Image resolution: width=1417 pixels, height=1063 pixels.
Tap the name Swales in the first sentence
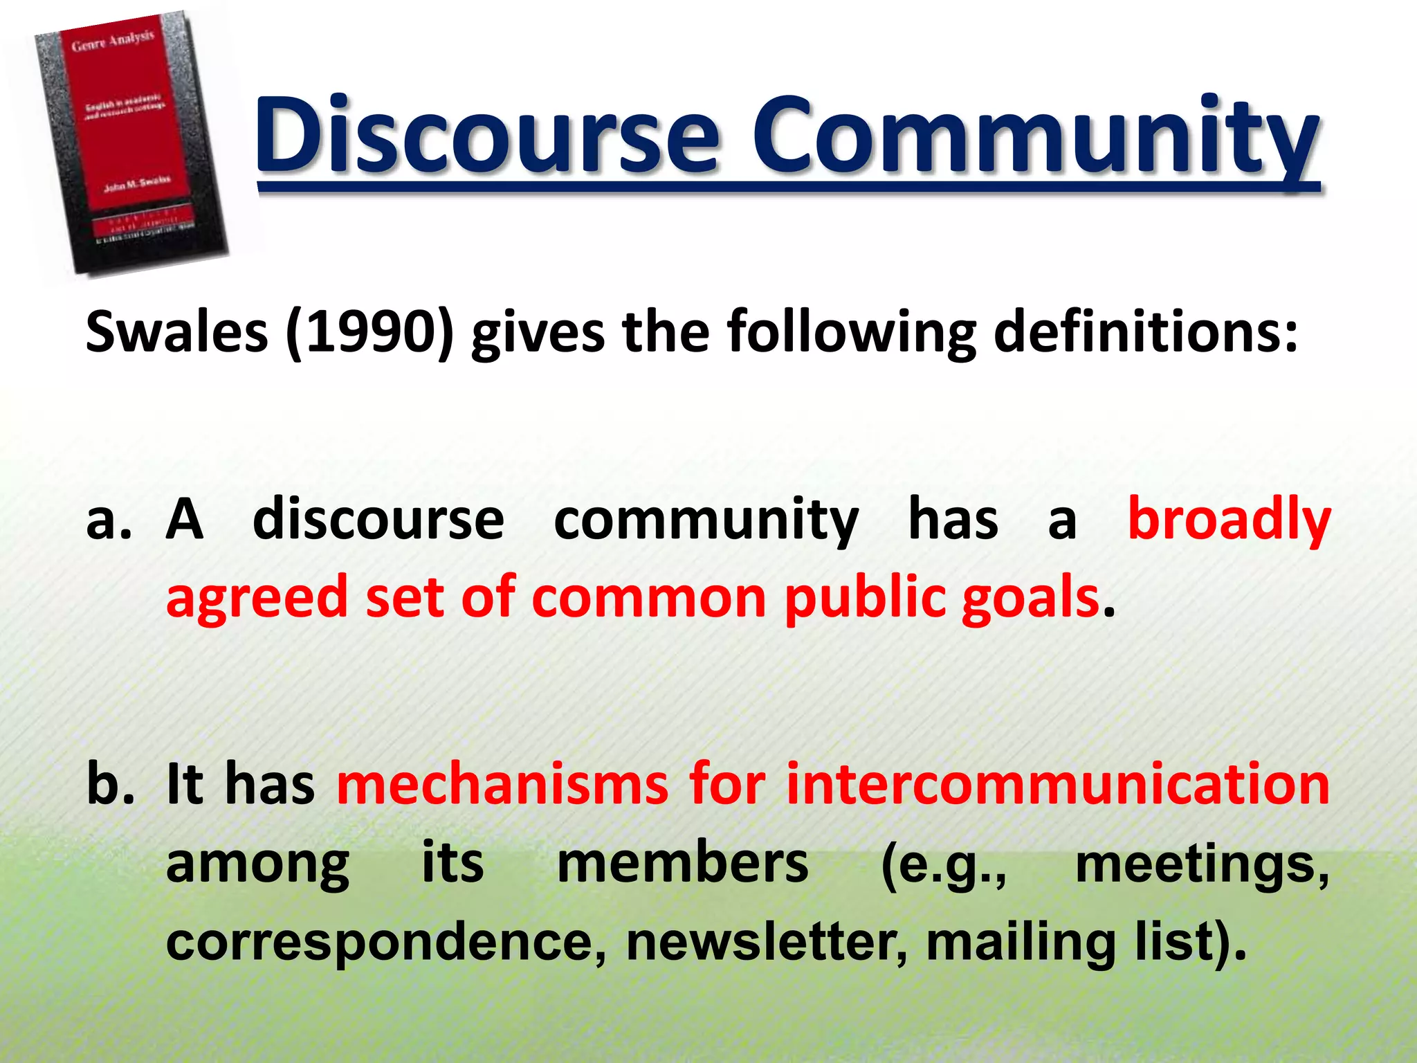[176, 332]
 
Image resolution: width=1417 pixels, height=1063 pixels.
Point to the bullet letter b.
[110, 785]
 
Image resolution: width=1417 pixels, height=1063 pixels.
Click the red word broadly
[1229, 520]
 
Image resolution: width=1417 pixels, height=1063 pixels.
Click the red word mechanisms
[502, 785]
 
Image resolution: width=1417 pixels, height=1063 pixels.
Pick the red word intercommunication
[1058, 785]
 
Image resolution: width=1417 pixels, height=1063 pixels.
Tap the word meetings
[1201, 865]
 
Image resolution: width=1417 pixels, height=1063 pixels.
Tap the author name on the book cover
[136, 184]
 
